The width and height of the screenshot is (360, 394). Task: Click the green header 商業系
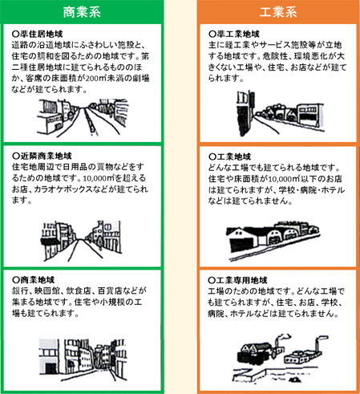(x=82, y=12)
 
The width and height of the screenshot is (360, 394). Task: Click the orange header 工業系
(x=278, y=12)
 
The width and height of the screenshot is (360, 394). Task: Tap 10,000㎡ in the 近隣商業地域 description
(x=99, y=178)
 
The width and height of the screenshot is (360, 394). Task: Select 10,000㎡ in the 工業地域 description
(x=284, y=179)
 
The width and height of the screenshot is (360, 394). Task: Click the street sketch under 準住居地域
(x=83, y=118)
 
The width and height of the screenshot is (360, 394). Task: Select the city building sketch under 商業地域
(x=83, y=359)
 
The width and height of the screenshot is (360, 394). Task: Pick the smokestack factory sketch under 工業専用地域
(x=281, y=358)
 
